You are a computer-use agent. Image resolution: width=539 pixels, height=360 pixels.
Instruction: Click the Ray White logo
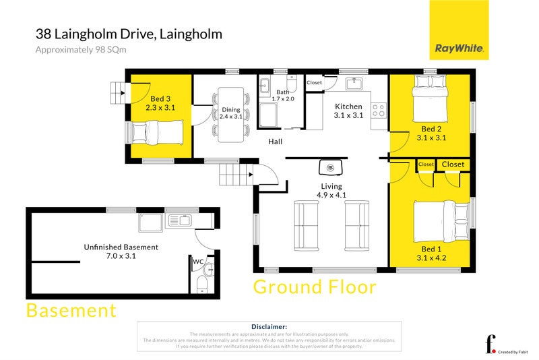pos(459,30)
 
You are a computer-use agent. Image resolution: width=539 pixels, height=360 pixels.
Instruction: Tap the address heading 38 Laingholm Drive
pos(129,34)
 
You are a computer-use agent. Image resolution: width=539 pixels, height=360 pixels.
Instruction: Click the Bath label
pos(282,95)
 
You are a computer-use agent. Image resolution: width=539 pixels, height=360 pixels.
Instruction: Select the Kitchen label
pos(348,111)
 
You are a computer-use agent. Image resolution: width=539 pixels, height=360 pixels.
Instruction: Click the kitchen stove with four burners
pos(379,109)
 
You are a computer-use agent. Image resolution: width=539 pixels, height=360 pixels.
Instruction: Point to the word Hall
pos(275,142)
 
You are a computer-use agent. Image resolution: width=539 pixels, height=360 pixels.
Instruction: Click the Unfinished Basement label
pos(121,251)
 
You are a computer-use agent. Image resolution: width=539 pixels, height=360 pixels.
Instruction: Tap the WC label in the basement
pos(198,262)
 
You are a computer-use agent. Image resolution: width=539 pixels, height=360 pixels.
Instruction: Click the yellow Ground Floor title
pos(315,287)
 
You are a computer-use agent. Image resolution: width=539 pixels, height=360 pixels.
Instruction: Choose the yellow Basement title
pos(71,311)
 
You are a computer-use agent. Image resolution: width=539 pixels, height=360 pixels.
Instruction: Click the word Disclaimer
pos(269,326)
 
